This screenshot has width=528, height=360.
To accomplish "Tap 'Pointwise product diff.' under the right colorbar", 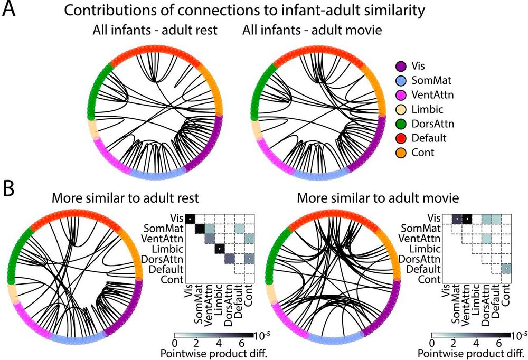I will (x=477, y=353).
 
